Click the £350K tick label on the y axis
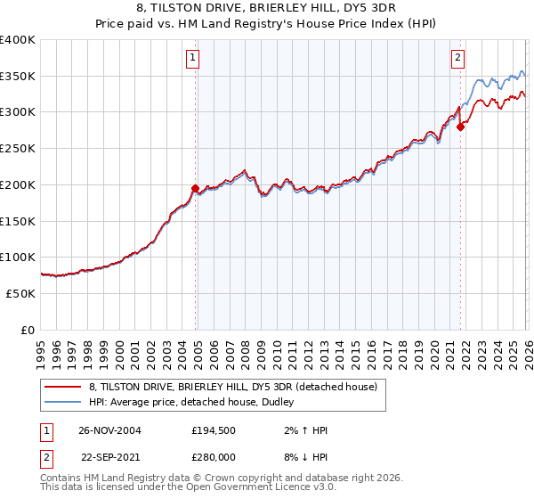click(18, 77)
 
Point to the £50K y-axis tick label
click(20, 293)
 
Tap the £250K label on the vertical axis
click(18, 149)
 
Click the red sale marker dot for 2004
click(195, 188)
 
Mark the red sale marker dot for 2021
click(460, 127)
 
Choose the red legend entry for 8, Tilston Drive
click(233, 387)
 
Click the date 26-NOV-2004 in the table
click(109, 429)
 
